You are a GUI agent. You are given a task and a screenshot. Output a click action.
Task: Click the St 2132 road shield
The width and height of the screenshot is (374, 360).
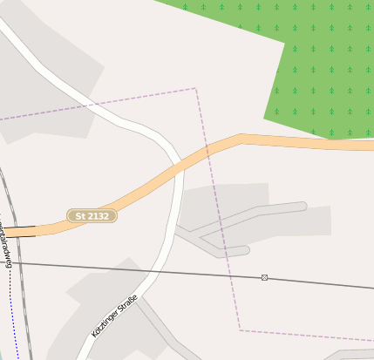[92, 215]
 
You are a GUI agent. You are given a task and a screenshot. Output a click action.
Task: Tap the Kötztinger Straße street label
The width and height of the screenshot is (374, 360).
[114, 316]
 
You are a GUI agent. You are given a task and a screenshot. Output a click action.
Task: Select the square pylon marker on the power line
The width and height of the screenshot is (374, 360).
[264, 277]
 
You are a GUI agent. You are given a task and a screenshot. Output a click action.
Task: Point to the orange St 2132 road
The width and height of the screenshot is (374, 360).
[288, 141]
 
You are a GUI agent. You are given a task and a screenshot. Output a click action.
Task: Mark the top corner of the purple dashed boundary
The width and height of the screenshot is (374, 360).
[195, 88]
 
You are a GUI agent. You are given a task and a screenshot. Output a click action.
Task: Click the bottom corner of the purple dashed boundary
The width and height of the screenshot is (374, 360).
[240, 329]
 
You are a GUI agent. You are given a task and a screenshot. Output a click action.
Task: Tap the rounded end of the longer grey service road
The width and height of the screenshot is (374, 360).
[303, 207]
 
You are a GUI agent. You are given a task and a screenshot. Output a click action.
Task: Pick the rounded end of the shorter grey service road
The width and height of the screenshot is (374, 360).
[247, 251]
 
